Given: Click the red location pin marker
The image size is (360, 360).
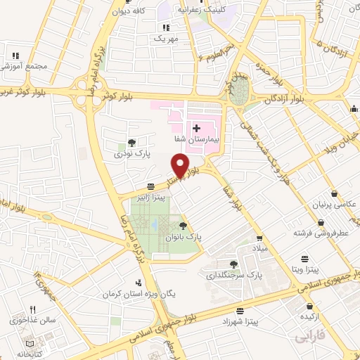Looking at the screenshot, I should [181, 167].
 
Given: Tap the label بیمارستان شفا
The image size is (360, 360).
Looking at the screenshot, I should [198, 140].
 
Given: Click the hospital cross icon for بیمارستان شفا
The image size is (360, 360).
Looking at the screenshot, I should [198, 128].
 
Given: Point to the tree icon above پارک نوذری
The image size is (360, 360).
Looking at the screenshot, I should [132, 143].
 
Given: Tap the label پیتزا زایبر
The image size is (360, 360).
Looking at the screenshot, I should [151, 199].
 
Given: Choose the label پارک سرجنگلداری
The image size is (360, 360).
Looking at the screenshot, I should [233, 276].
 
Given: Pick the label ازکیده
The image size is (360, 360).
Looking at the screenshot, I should [310, 317].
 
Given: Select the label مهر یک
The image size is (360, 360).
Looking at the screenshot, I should [167, 37].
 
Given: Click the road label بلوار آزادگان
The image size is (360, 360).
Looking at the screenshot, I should [290, 98].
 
